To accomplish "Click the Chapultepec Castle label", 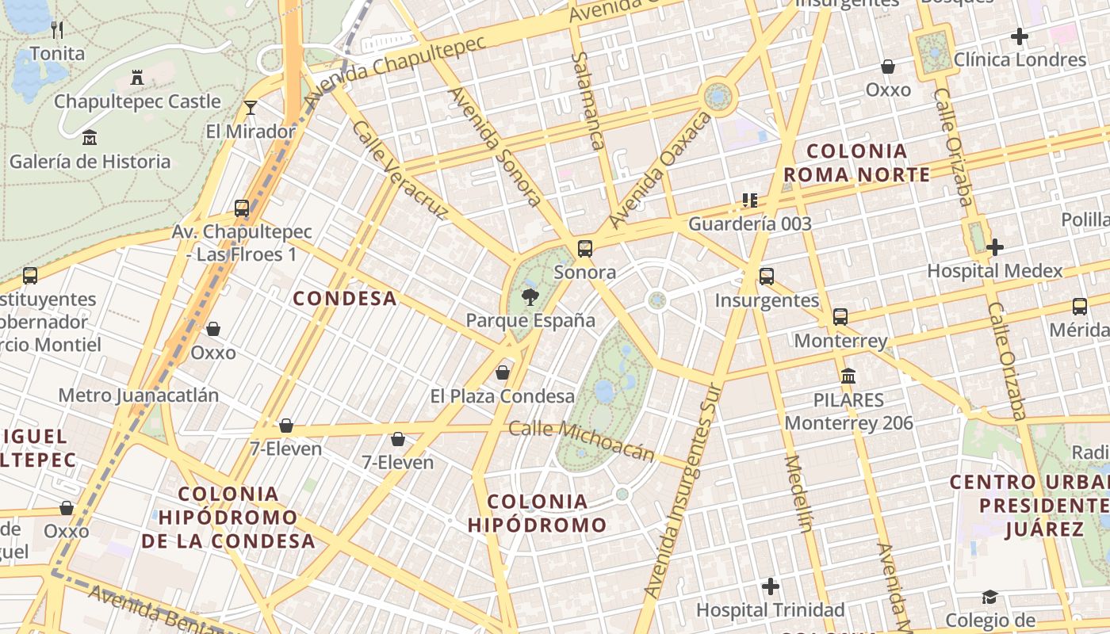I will (137, 101).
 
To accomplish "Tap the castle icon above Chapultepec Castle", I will (137, 78).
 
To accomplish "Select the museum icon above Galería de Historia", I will (90, 138).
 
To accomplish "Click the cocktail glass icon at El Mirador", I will (251, 108).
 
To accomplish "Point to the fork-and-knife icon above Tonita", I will (56, 30).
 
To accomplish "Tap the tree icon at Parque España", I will (530, 297).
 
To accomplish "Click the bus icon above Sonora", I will (585, 249).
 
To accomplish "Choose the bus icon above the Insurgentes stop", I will (766, 277).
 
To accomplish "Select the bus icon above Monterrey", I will (840, 317).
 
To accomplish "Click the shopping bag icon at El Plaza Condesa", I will (502, 372).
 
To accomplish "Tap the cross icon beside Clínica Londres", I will (1020, 36).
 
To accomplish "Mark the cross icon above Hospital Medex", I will (994, 247).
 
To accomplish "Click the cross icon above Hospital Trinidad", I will (770, 586).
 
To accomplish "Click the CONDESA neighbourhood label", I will (345, 298).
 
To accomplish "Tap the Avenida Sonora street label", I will (496, 147).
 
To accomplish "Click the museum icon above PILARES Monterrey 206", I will (848, 376).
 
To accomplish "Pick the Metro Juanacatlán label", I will (139, 395).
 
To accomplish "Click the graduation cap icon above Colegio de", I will (989, 597).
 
